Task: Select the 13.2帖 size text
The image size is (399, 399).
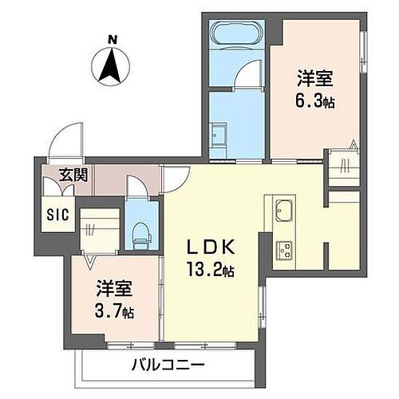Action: point(211,268)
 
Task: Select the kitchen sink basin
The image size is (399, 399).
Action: point(284,213)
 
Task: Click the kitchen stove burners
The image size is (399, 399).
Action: point(284,248)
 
